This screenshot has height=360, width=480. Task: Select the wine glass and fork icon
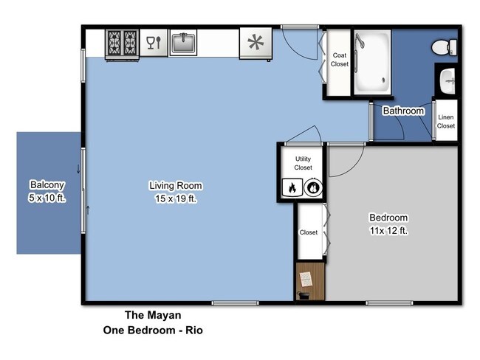coord(154,43)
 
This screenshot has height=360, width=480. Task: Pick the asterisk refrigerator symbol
coord(256,44)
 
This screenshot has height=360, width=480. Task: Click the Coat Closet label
coord(340,60)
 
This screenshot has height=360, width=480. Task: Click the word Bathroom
coord(403,111)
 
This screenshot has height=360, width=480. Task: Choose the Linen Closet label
coord(446,122)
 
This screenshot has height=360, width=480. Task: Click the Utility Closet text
coord(303,163)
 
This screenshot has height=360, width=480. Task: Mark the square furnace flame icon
coord(290,188)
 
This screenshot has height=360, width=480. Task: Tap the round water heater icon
coord(312,188)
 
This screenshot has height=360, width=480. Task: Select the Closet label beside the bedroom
coord(309,232)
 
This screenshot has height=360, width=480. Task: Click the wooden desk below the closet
coord(309,281)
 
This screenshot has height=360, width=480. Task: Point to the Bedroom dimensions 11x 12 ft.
coord(388,231)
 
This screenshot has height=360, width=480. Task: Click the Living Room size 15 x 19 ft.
coord(175,198)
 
